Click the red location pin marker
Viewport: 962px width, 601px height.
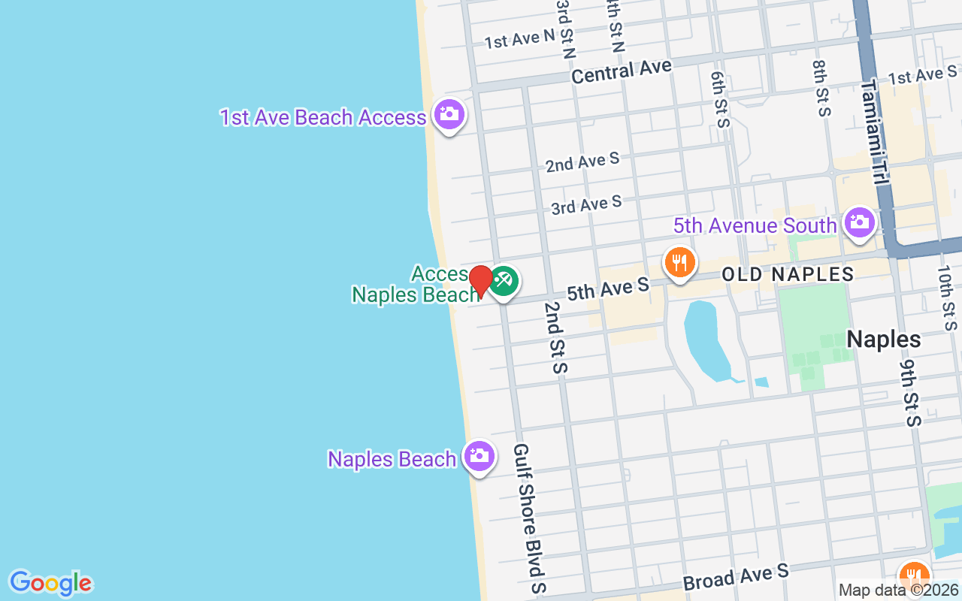click(480, 279)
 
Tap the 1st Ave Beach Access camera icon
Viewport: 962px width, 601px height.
click(449, 115)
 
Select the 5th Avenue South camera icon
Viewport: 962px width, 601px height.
click(859, 222)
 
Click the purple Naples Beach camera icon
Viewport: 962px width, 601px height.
click(479, 455)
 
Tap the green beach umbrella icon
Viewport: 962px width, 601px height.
click(504, 282)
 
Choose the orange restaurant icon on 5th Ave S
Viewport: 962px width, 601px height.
click(679, 263)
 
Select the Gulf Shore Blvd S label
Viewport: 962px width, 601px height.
click(529, 518)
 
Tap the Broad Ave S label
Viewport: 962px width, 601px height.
click(735, 577)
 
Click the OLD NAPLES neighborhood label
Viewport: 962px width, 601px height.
click(788, 274)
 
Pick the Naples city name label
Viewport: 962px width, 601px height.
click(883, 340)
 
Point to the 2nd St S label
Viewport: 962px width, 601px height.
click(557, 337)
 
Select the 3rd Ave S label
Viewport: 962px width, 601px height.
click(586, 204)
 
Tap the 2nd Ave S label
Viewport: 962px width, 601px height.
click(582, 162)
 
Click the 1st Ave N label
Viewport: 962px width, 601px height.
click(519, 38)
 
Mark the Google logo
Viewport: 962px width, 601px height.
click(50, 583)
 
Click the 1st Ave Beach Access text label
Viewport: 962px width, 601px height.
click(323, 118)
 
